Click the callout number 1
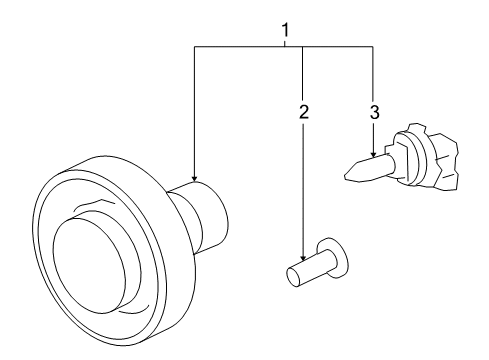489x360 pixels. [286, 31]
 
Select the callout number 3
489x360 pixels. [374, 112]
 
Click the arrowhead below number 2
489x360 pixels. [302, 259]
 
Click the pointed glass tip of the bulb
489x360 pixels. [349, 175]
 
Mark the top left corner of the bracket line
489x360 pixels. [193, 46]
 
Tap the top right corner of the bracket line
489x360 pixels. [373, 46]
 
